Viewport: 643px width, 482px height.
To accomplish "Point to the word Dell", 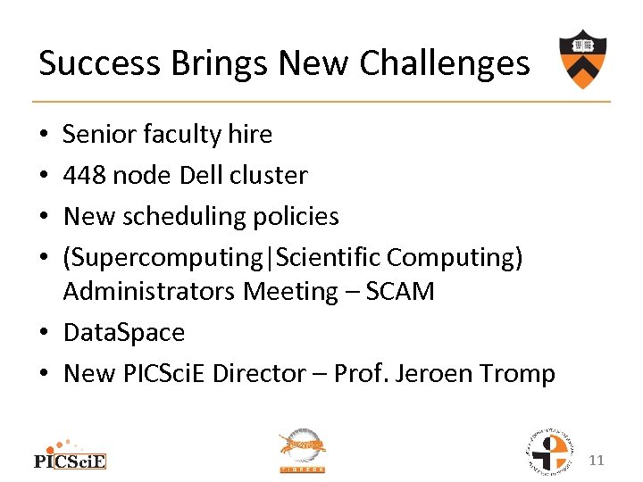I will (x=202, y=176).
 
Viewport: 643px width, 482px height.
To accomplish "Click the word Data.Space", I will (x=124, y=333).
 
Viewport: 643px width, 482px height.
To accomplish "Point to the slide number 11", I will (x=597, y=461).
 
